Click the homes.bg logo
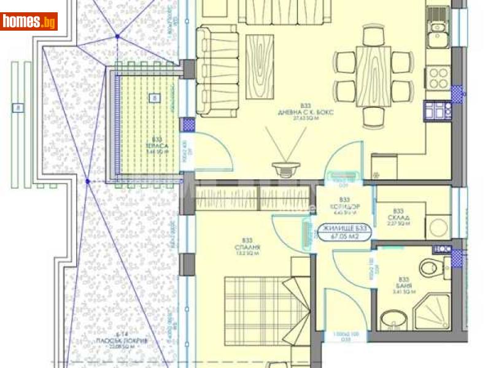29,21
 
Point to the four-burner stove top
438,77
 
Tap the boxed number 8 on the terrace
154,97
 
